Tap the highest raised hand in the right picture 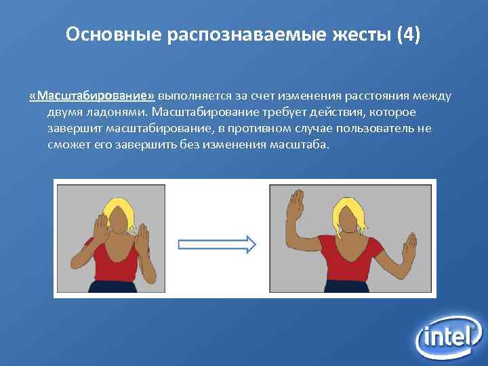click(x=296, y=203)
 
